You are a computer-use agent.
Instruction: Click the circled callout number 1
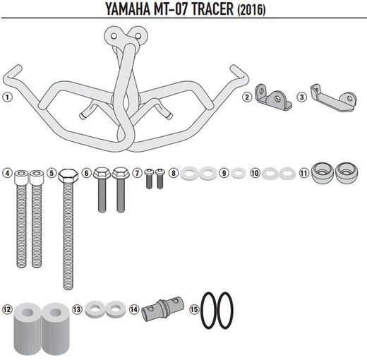(7, 97)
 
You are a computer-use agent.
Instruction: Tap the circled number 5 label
(52, 174)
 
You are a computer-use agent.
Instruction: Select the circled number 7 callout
(138, 173)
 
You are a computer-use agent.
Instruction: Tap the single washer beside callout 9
(238, 173)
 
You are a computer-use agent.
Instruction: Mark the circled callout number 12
(7, 309)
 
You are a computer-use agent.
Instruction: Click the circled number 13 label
(77, 309)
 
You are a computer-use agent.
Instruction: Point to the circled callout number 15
(193, 309)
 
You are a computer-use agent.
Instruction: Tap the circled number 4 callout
(7, 174)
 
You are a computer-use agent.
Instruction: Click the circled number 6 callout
(86, 173)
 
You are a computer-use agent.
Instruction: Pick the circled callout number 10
(254, 173)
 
